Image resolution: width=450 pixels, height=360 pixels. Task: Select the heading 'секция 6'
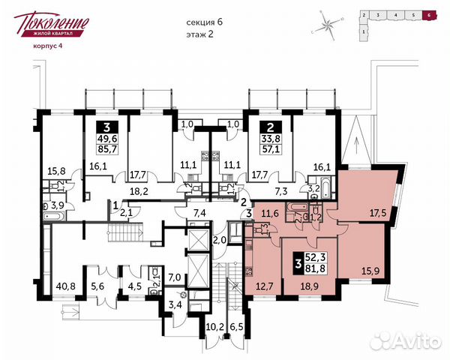click(x=205, y=22)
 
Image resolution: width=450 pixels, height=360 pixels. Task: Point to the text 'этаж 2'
click(x=201, y=34)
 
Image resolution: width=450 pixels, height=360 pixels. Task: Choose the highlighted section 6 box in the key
click(x=428, y=14)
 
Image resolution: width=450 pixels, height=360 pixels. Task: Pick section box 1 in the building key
click(x=364, y=32)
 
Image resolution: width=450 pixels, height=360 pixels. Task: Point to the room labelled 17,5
click(x=366, y=212)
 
